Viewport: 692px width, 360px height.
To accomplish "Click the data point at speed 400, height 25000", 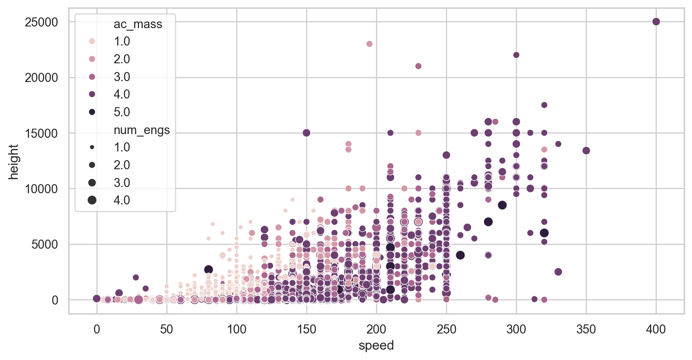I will (x=656, y=22).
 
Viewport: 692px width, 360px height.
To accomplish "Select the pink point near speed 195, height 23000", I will (x=369, y=44).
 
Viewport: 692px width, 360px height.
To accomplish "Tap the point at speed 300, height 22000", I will (x=516, y=55).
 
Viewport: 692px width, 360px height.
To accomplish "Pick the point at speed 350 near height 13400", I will (x=586, y=151).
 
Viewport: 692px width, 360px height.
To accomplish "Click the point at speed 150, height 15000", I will (x=306, y=133).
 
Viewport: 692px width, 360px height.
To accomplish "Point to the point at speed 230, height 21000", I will (x=418, y=66).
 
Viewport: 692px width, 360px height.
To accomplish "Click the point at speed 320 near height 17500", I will (x=544, y=105).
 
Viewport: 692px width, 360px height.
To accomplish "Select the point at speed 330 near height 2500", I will (x=558, y=272).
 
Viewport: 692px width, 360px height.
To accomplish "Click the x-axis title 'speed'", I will (x=376, y=346).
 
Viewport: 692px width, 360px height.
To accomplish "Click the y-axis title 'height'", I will (x=14, y=161).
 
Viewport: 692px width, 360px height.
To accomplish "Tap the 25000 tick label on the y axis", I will (x=41, y=22).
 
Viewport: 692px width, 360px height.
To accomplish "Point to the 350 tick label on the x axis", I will (x=586, y=329).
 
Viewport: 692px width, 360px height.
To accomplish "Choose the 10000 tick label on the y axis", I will (x=41, y=189).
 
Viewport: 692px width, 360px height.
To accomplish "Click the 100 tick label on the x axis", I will (x=237, y=329).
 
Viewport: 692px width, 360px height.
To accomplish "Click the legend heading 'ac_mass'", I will (x=138, y=24).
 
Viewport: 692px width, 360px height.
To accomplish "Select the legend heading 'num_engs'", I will (x=141, y=130).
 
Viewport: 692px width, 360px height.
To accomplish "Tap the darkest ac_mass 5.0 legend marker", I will (x=92, y=112).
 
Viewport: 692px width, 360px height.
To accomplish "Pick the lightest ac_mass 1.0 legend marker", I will (x=92, y=41).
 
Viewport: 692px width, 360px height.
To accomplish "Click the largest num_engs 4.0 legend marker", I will (x=92, y=200).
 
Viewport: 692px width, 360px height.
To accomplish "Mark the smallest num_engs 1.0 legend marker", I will (x=92, y=147).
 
